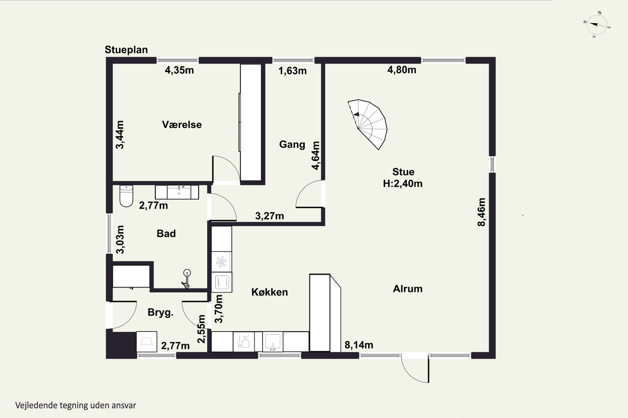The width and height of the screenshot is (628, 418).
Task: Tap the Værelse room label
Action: (x=182, y=125)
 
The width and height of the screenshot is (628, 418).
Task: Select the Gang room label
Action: (x=292, y=144)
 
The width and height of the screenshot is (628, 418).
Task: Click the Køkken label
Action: (x=270, y=292)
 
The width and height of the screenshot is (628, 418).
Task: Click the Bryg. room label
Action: (x=161, y=312)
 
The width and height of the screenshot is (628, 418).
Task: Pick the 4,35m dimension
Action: (x=179, y=70)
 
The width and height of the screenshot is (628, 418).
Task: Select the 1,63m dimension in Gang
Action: (x=292, y=71)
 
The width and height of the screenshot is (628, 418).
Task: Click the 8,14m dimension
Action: (x=359, y=345)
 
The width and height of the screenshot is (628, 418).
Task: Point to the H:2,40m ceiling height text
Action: (x=403, y=184)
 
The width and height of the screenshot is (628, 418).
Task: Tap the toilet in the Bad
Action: (x=126, y=196)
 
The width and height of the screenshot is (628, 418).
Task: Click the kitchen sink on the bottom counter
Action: (x=273, y=342)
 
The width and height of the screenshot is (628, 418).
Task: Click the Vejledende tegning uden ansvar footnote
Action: (x=76, y=405)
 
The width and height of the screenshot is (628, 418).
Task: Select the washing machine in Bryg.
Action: (x=147, y=342)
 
